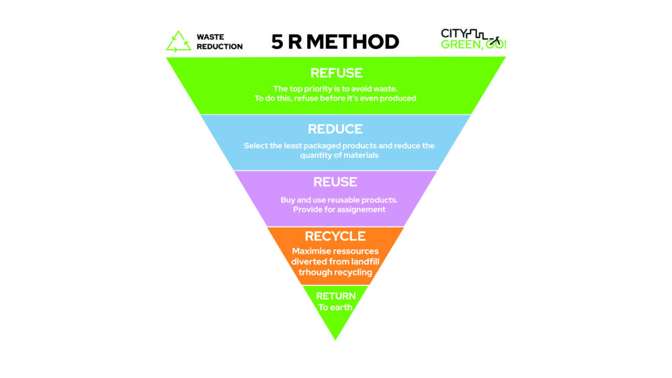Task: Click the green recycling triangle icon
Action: (x=178, y=42)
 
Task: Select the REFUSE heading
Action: (x=336, y=73)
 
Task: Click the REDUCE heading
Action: (x=335, y=129)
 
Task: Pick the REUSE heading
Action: (x=335, y=182)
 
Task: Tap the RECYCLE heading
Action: (x=335, y=236)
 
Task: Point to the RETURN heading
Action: (x=335, y=296)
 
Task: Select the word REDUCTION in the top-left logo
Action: (x=220, y=47)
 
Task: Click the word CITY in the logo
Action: (x=454, y=34)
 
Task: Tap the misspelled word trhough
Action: (x=315, y=273)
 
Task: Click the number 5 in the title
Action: (x=277, y=42)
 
